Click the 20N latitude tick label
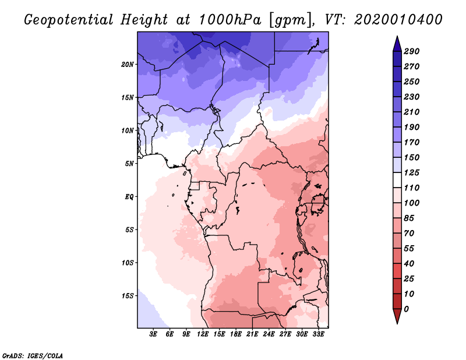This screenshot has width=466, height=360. (x=128, y=65)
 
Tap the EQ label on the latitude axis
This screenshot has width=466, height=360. (x=129, y=197)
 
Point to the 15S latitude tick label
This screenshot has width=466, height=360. (x=128, y=296)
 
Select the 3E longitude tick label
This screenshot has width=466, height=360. (x=153, y=334)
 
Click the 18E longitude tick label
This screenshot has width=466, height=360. (x=236, y=334)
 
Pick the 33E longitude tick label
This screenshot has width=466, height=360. (x=318, y=334)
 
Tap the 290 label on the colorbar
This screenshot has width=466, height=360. (x=412, y=51)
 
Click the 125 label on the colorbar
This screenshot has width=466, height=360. (x=412, y=172)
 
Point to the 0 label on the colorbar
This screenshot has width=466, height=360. (x=406, y=309)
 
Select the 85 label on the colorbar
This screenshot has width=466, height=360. (x=409, y=218)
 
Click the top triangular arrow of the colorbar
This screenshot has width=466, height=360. (x=397, y=44)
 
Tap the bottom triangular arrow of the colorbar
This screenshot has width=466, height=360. (x=397, y=316)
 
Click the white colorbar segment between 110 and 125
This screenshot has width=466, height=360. (x=397, y=180)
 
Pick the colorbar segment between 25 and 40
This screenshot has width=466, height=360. (x=397, y=271)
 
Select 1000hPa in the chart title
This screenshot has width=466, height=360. (x=230, y=20)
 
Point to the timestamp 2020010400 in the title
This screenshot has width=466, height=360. (x=398, y=20)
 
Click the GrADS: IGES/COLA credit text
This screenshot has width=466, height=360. (x=33, y=356)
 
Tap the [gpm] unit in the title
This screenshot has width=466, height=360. (x=292, y=20)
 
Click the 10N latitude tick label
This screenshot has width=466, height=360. (x=128, y=131)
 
